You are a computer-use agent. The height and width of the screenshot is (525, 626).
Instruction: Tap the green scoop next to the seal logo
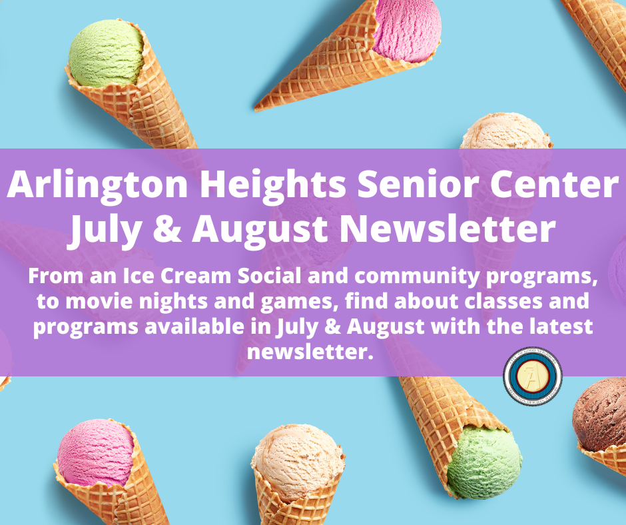pos(484,460)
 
